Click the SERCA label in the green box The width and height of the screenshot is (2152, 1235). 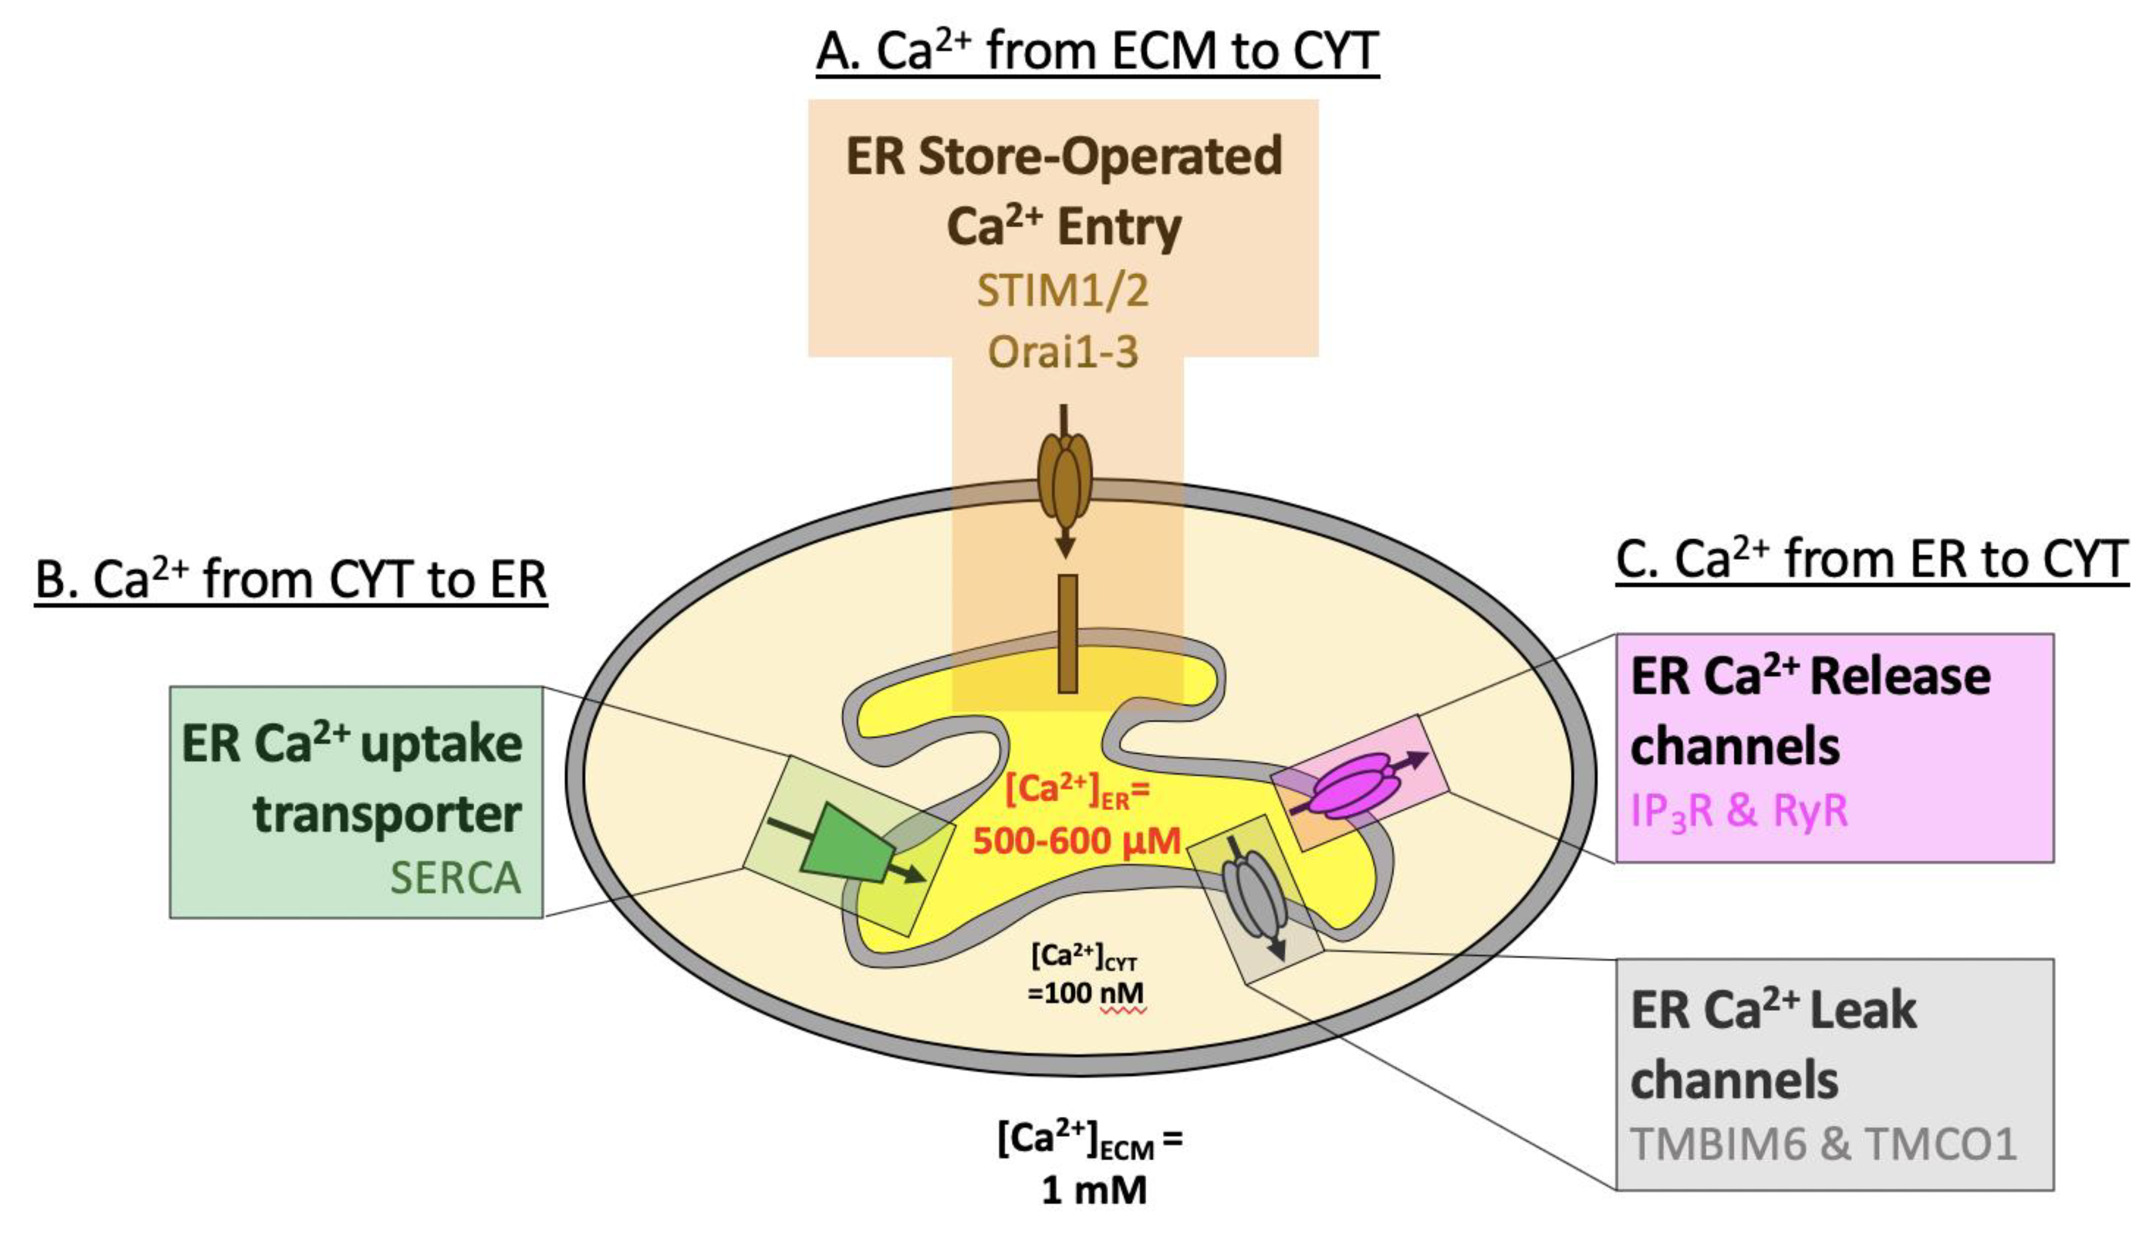(x=456, y=877)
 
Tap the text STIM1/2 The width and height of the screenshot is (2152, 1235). (x=1063, y=291)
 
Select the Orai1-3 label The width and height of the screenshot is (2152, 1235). (x=1063, y=351)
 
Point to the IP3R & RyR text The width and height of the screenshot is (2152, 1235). (x=1739, y=811)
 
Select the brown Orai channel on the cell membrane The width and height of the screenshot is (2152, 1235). (x=1064, y=480)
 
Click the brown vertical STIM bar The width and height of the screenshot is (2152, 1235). (x=1068, y=634)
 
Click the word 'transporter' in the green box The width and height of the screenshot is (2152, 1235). (x=387, y=814)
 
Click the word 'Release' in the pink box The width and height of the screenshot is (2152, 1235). (x=1899, y=677)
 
